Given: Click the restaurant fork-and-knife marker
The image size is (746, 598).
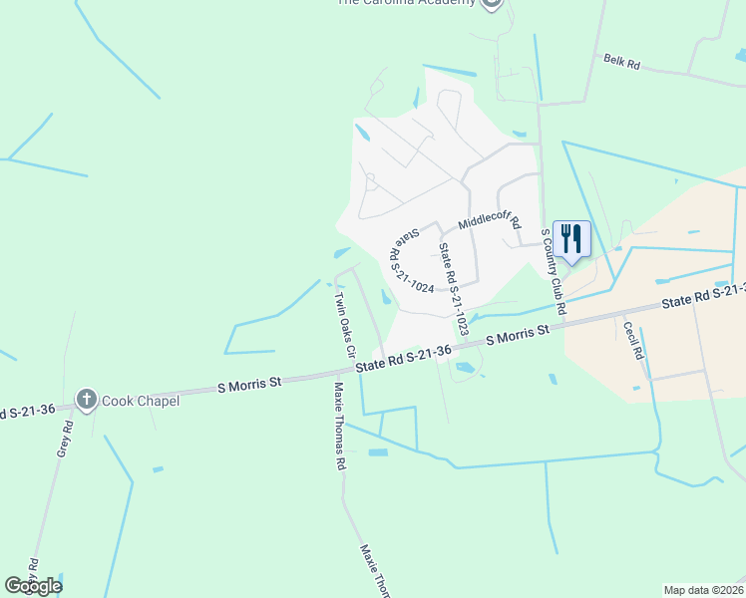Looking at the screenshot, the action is [571, 239].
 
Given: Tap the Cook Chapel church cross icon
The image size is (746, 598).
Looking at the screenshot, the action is [87, 401].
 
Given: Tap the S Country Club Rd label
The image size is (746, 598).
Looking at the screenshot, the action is [554, 272].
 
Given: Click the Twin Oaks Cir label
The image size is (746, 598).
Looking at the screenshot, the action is [344, 324].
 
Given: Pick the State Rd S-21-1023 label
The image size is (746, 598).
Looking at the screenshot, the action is [453, 289].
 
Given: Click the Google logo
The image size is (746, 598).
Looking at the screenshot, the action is [33, 586].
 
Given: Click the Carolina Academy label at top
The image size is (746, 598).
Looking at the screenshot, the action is [407, 3].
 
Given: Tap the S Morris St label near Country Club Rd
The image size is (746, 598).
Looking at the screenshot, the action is [518, 335].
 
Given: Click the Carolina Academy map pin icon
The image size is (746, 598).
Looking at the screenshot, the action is [490, 4].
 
